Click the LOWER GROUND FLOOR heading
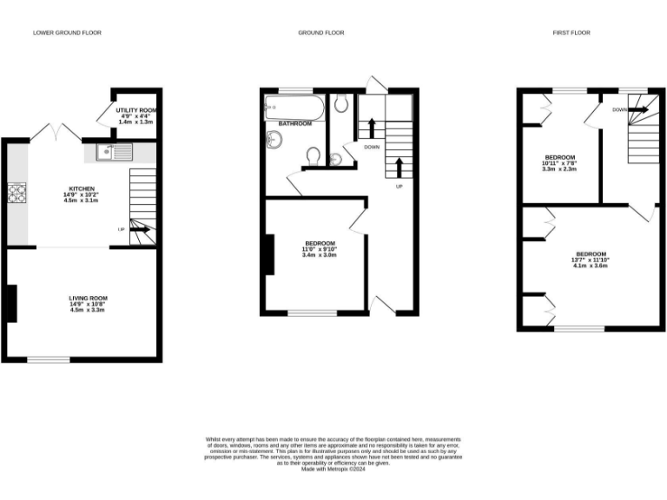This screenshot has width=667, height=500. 67,33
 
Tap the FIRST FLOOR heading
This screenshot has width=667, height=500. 571,33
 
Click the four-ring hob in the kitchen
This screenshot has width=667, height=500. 16,193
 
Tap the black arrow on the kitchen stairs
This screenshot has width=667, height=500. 141,230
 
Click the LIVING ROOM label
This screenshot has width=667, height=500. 89,298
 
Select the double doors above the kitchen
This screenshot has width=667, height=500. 55,131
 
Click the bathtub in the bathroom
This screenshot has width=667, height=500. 294,109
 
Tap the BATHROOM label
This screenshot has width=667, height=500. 295,124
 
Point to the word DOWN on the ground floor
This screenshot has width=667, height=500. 372,147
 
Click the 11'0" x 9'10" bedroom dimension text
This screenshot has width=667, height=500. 319,248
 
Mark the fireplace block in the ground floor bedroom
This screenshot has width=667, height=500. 269,255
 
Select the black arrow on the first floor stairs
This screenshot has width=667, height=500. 637,110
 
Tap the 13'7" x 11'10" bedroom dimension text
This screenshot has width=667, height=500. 590,260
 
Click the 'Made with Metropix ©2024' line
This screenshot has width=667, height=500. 333,470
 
